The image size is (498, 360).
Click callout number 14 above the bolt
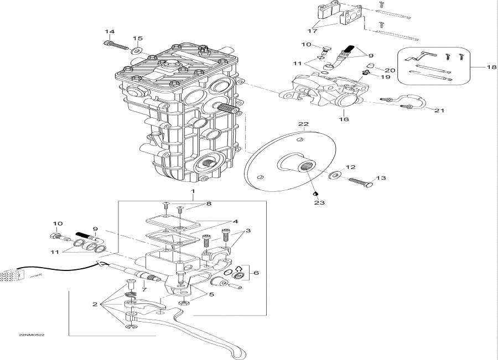click(110, 32)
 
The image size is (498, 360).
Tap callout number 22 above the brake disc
click(303, 124)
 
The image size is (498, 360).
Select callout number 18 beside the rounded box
click(492, 67)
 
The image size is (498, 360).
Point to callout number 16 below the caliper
click(344, 119)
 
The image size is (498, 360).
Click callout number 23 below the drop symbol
click(319, 202)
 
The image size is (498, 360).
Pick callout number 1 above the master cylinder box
click(193, 191)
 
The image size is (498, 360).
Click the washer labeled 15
click(137, 50)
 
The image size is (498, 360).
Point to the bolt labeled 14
click(117, 44)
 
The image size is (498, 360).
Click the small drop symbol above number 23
click(315, 194)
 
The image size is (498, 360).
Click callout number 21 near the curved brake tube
click(439, 111)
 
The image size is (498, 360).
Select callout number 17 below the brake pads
click(312, 31)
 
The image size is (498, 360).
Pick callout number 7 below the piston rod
click(144, 290)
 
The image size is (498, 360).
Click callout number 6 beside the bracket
click(256, 273)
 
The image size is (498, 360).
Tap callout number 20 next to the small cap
click(390, 70)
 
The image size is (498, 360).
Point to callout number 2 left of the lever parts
click(95, 305)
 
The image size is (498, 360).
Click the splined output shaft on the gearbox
click(228, 108)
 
